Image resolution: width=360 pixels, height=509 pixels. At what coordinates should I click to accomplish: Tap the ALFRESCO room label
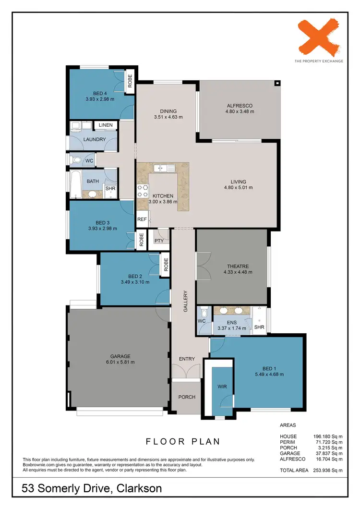(x=240, y=106)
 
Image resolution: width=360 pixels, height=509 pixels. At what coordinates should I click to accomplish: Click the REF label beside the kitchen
(x=142, y=219)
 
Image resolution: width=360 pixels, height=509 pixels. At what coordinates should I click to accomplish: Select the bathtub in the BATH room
(x=75, y=184)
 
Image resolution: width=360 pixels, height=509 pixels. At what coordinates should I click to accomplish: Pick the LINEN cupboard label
(x=106, y=125)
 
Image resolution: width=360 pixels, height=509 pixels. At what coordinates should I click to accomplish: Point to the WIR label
(x=222, y=386)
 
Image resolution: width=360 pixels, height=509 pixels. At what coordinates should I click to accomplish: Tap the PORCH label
(x=186, y=397)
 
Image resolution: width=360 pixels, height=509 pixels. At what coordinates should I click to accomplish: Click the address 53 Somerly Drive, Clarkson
(x=92, y=489)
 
